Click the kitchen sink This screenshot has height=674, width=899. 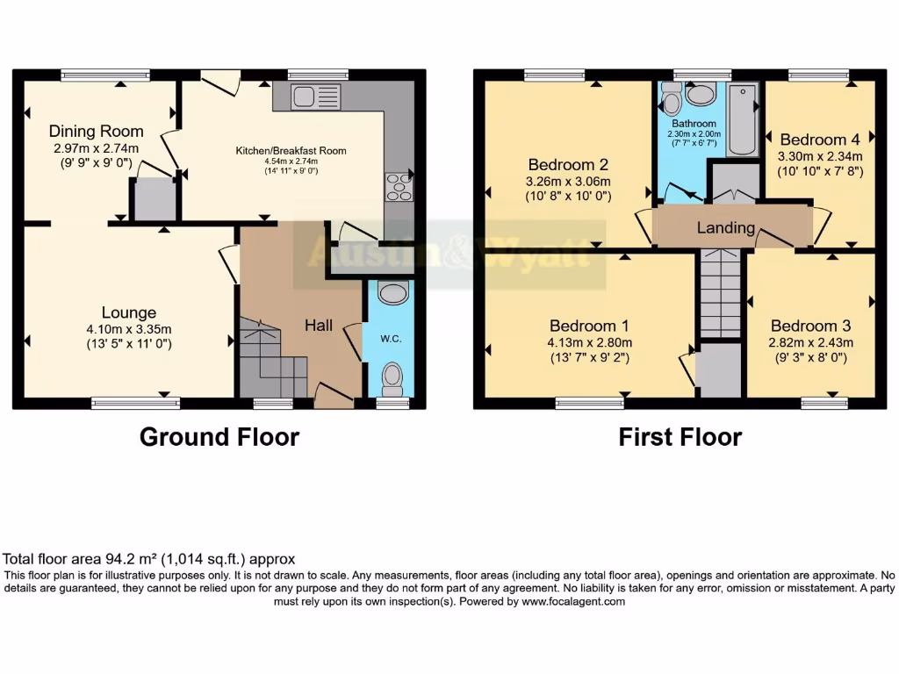316,95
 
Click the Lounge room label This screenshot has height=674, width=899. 129,312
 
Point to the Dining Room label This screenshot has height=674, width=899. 96,132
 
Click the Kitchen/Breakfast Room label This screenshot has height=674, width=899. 291,151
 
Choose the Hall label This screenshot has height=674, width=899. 318,326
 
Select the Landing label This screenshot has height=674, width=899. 726,228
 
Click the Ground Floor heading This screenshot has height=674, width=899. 219,437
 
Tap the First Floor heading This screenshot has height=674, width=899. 680,437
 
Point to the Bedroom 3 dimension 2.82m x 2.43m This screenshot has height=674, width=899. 812,342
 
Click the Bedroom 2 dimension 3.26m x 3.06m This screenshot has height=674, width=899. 569,182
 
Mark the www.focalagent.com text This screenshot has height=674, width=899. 573,602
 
